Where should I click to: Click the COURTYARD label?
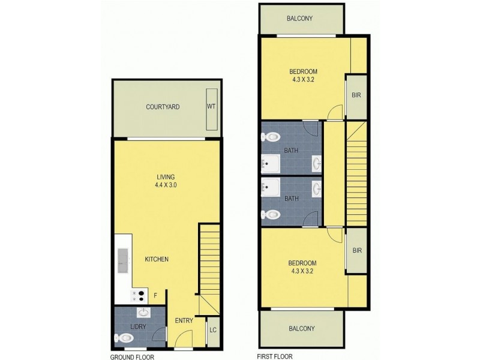163,107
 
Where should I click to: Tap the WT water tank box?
211,107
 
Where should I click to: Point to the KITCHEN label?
156,259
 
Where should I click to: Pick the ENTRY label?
184,320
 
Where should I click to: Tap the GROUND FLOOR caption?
133,356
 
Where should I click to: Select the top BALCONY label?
300,19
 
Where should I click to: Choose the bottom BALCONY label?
301,328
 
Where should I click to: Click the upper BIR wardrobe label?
356,95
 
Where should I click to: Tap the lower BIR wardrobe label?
356,251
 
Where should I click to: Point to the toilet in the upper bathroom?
271,136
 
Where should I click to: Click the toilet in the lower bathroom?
271,214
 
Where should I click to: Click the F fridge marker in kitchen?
156,295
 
